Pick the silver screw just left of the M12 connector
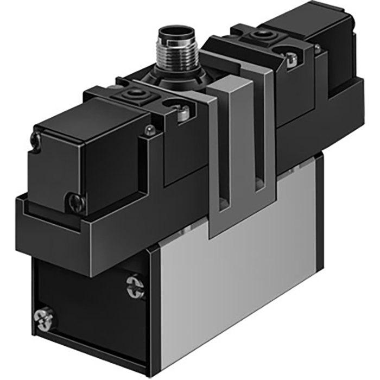pyautogui.click(x=181, y=112)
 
